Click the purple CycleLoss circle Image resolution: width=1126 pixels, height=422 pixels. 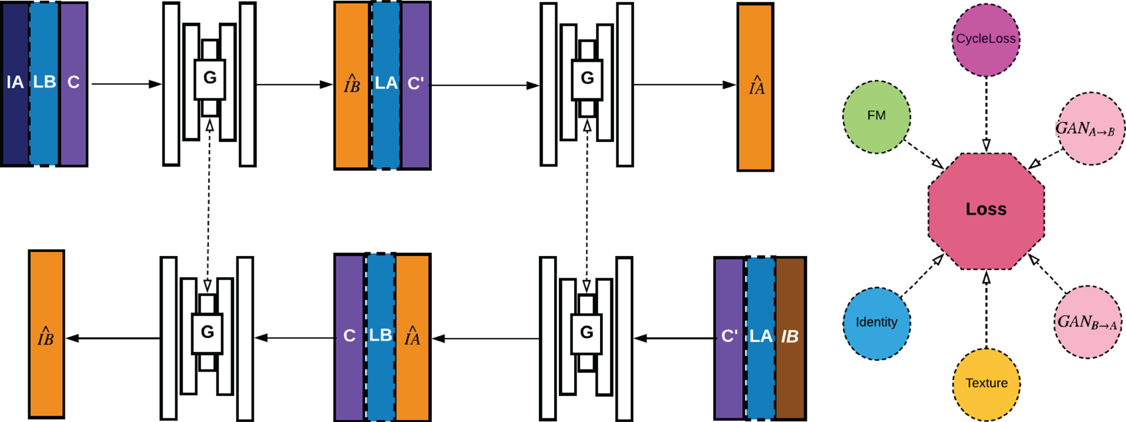pos(985,39)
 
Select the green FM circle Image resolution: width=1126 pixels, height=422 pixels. pos(876,116)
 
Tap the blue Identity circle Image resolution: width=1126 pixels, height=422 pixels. pos(876,323)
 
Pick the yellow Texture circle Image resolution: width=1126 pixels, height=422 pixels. pos(986,384)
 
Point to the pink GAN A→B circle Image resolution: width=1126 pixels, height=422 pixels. pos(1090,128)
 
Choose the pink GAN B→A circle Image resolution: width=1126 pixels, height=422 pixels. pos(1087,322)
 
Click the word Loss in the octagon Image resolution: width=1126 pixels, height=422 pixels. pos(986,210)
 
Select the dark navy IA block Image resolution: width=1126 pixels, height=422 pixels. pos(15,84)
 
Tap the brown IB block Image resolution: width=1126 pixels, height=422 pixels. pos(790,337)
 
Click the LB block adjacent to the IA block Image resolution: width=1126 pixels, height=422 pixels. pos(44,84)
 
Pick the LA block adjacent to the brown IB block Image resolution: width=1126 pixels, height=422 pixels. pos(761,337)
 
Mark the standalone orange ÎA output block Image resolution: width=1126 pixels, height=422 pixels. pos(755,87)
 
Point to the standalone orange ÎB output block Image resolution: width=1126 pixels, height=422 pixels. pos(46,334)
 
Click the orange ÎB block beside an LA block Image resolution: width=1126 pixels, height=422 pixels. pos(352,85)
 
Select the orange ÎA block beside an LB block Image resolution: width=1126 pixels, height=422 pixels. pos(412,337)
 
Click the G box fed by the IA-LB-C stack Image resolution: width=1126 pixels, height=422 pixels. pos(209,79)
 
